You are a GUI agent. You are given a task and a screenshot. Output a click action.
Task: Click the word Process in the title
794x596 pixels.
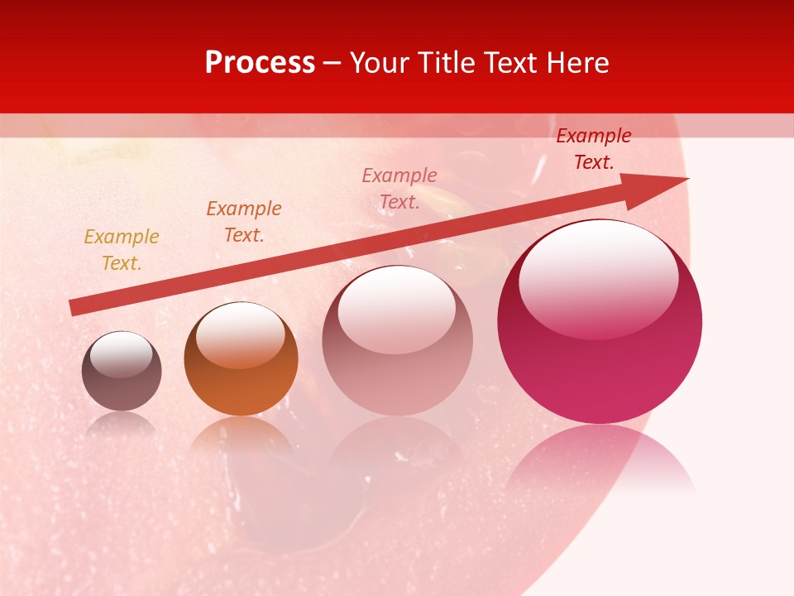tap(260, 63)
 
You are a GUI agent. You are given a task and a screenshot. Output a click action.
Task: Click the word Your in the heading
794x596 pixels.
tap(380, 63)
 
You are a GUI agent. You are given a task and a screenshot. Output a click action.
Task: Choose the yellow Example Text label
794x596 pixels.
tap(121, 250)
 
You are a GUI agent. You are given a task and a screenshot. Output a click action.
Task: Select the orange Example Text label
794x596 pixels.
tap(244, 222)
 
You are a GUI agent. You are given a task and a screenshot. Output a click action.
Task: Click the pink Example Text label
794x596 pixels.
tap(399, 189)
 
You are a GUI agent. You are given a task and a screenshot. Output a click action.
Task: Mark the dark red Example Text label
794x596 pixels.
tap(594, 149)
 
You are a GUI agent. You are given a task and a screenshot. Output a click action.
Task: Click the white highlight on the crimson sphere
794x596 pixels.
tap(598, 277)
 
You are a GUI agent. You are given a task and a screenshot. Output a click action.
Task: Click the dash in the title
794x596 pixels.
tap(332, 63)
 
